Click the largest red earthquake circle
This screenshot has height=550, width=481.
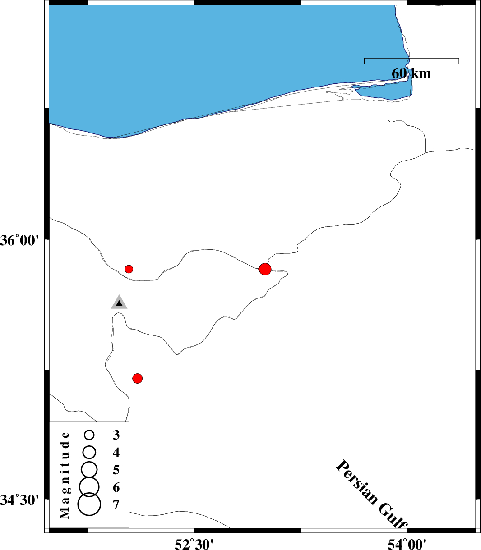[x=265, y=269]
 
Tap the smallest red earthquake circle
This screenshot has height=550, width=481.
[x=129, y=269]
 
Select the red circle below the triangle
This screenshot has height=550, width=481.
[x=138, y=379]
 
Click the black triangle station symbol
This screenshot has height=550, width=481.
[x=119, y=303]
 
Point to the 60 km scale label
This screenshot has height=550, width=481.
[x=411, y=73]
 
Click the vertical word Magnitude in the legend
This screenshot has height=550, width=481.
[x=65, y=475]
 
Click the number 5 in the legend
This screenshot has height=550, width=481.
[x=116, y=470]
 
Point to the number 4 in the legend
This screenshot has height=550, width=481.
[x=116, y=453]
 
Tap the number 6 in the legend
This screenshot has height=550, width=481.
[x=116, y=487]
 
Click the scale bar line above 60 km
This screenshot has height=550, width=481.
[x=412, y=58]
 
